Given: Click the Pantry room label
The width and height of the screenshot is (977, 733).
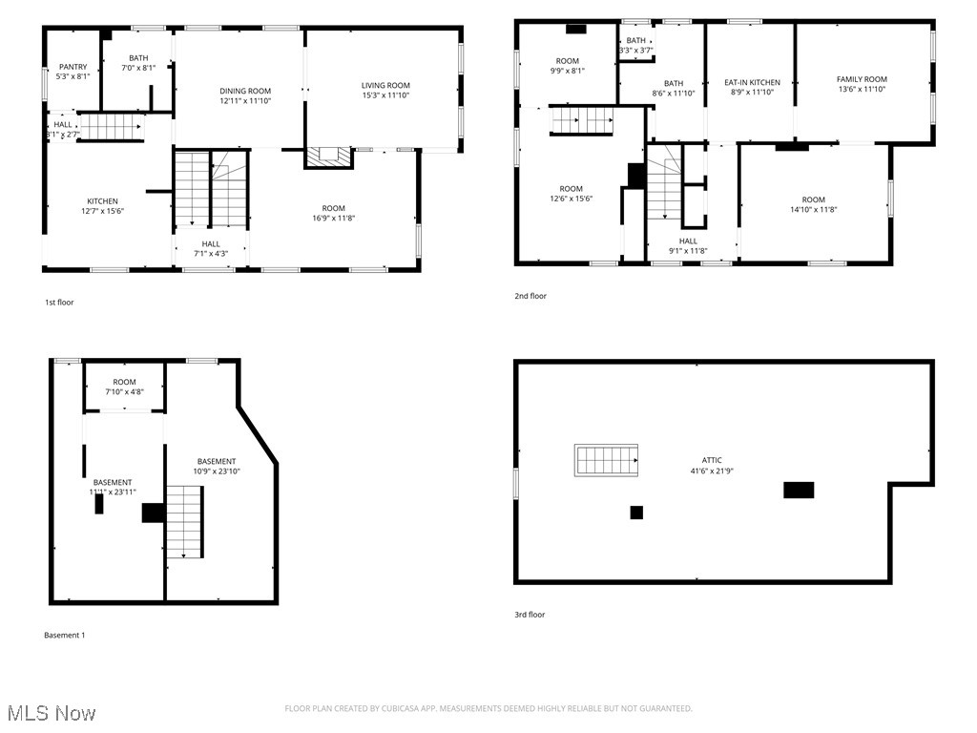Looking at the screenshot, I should tap(73, 67).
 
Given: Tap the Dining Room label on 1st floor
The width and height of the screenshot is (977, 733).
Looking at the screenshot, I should tap(245, 91).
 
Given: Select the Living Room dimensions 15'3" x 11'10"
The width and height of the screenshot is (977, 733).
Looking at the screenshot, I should tap(385, 95).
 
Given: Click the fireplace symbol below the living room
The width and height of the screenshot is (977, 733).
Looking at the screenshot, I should tap(328, 157).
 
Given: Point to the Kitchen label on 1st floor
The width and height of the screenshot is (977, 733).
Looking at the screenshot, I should tap(102, 201).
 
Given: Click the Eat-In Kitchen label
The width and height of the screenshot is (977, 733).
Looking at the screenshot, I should tap(752, 82).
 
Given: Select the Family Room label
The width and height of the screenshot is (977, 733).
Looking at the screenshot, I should tap(862, 79).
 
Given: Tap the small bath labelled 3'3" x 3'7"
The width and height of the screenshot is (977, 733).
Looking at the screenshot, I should tap(635, 45).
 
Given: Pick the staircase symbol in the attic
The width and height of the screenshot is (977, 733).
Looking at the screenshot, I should tap(606, 460).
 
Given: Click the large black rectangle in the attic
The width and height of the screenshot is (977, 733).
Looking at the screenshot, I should tap(799, 490).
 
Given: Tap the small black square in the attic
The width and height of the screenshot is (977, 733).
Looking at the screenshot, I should tap(636, 513).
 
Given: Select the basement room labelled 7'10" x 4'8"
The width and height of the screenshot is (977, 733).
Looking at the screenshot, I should tap(124, 387).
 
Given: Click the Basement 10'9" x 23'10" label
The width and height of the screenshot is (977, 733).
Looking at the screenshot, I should tap(217, 467).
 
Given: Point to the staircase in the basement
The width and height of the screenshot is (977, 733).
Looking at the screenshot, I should tap(185, 521).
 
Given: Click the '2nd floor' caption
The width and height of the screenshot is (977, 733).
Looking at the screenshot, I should tap(530, 296).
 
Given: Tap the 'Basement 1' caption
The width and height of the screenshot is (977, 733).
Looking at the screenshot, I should tap(65, 635).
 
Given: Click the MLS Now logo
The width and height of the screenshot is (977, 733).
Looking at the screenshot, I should tap(51, 713).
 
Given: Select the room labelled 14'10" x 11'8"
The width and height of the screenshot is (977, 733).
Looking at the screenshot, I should tap(813, 205).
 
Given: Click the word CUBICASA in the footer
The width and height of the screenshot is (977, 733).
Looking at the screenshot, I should tap(393, 708).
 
